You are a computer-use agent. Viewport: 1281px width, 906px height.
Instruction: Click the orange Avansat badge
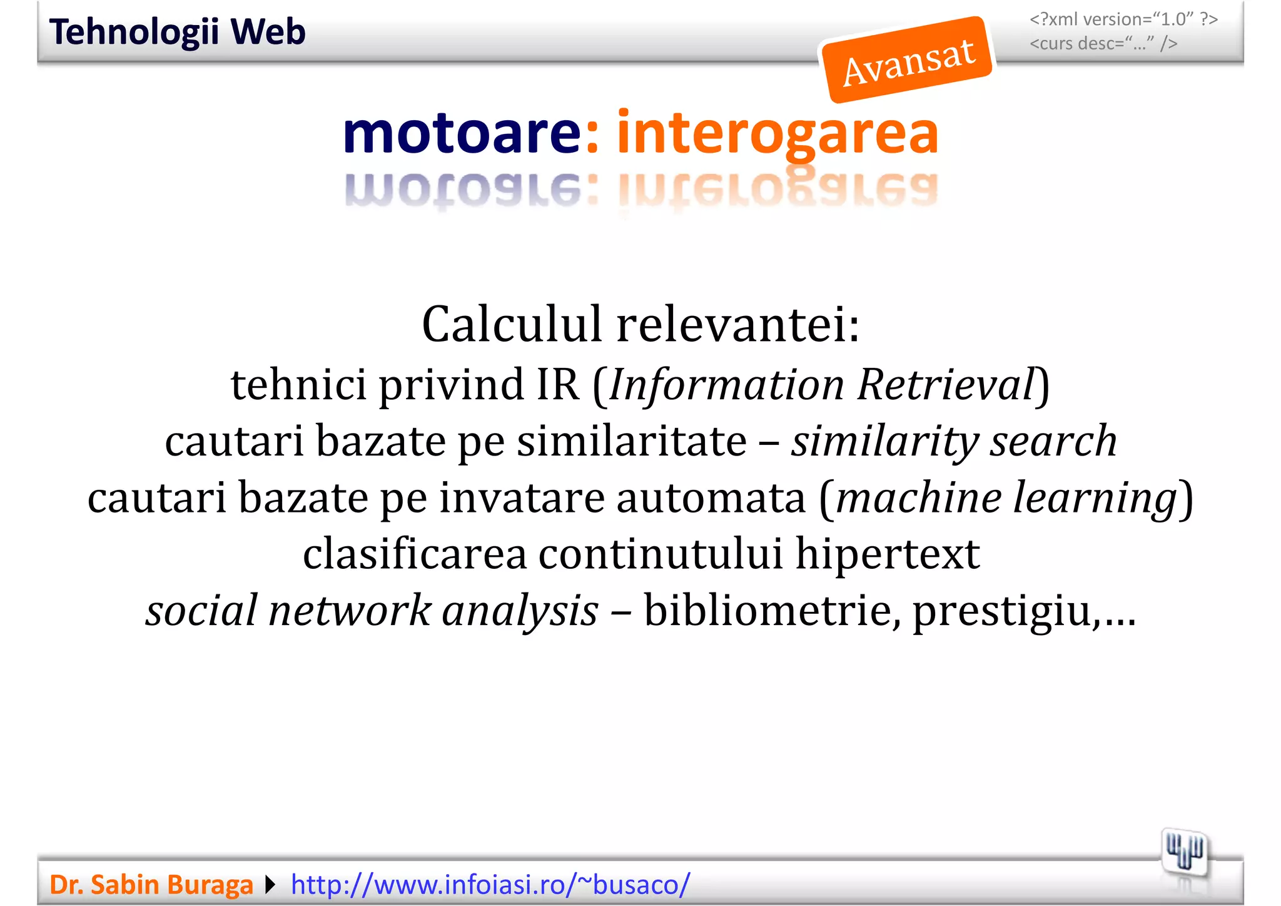coord(908,60)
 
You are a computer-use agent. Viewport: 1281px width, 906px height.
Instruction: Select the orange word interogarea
coord(777,133)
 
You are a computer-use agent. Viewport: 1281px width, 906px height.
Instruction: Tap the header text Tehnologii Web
coord(178,32)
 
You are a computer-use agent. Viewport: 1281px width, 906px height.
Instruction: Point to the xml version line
coord(1123,19)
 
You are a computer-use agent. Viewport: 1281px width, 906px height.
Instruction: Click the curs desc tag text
coord(1103,44)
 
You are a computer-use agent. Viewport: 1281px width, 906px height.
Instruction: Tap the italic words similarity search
coord(953,440)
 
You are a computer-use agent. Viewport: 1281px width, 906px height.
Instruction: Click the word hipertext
coord(887,554)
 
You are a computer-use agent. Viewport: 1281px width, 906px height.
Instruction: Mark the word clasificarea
coord(415,554)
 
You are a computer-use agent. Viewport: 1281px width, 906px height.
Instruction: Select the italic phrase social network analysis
coord(372,610)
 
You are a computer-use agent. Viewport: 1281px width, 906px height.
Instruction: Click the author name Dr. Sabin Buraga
coord(151,885)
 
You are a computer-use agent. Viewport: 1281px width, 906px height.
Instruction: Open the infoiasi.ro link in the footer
coord(490,885)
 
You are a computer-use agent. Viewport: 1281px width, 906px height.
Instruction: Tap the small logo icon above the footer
coord(1184,852)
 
